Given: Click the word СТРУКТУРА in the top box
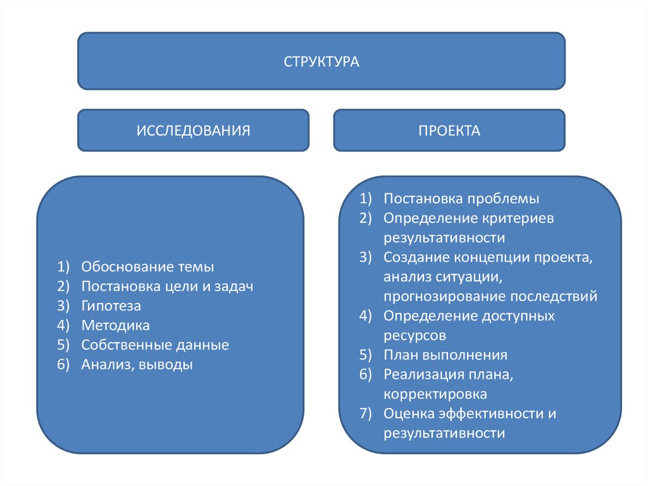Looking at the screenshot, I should click(321, 62).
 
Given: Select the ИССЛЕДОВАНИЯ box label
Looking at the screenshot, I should click(193, 131).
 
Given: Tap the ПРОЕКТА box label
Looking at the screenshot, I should click(449, 131).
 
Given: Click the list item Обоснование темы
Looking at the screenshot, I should click(147, 267).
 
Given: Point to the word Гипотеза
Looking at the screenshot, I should click(111, 306).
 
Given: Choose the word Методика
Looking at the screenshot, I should click(115, 326).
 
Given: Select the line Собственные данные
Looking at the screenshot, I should click(155, 345).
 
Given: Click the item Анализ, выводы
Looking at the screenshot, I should click(137, 365).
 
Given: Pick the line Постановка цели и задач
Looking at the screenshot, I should click(167, 286).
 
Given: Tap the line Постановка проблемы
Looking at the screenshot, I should click(461, 198).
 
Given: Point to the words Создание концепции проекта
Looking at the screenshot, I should click(488, 257).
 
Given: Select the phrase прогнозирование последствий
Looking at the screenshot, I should click(490, 297).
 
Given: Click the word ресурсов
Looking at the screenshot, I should click(414, 335).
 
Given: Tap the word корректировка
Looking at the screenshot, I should click(435, 394).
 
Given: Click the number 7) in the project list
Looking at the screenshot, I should click(368, 414).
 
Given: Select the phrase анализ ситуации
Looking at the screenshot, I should click(441, 277).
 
